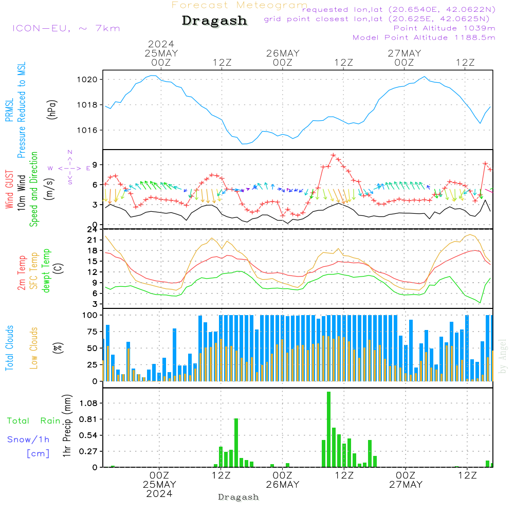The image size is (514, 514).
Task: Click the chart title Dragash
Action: point(214,21)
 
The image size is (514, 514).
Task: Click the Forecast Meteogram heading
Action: point(240,5)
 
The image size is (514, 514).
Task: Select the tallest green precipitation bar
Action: point(328,429)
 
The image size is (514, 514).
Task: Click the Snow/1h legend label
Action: point(28,439)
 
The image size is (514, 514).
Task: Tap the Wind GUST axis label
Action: point(10,190)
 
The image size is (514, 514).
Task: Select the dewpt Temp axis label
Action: point(46,271)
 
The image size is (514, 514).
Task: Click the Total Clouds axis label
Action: point(10,348)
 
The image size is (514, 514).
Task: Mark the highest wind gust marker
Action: point(333,155)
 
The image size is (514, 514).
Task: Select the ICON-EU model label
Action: point(65,28)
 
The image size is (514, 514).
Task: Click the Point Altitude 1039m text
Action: point(444,28)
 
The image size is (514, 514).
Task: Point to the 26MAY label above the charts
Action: point(283,53)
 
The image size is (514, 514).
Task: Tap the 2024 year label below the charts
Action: point(159,493)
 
